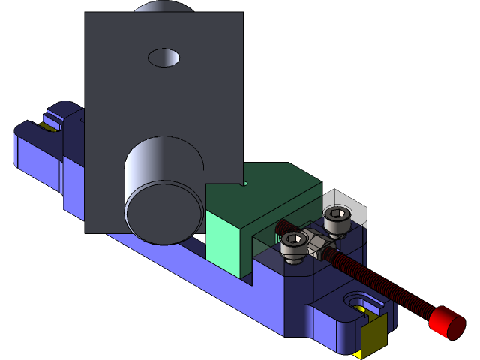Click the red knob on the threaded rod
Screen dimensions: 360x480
pos(447,322)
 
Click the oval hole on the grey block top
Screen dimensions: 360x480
pos(164,57)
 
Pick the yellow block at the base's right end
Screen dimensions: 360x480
pos(373,335)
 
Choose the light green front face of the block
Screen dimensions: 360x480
pos(229,244)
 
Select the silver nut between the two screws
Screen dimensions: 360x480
pos(319,243)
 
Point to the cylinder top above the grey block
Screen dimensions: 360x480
pos(163,7)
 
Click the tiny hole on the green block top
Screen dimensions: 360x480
pos(243,183)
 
